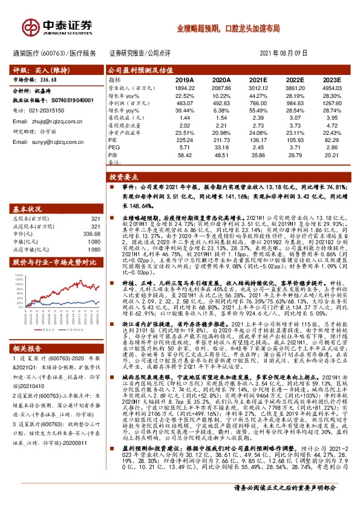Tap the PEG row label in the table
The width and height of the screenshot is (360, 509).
114,147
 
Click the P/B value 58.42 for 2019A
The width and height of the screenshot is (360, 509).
183,155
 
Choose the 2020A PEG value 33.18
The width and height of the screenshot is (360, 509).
221,147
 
